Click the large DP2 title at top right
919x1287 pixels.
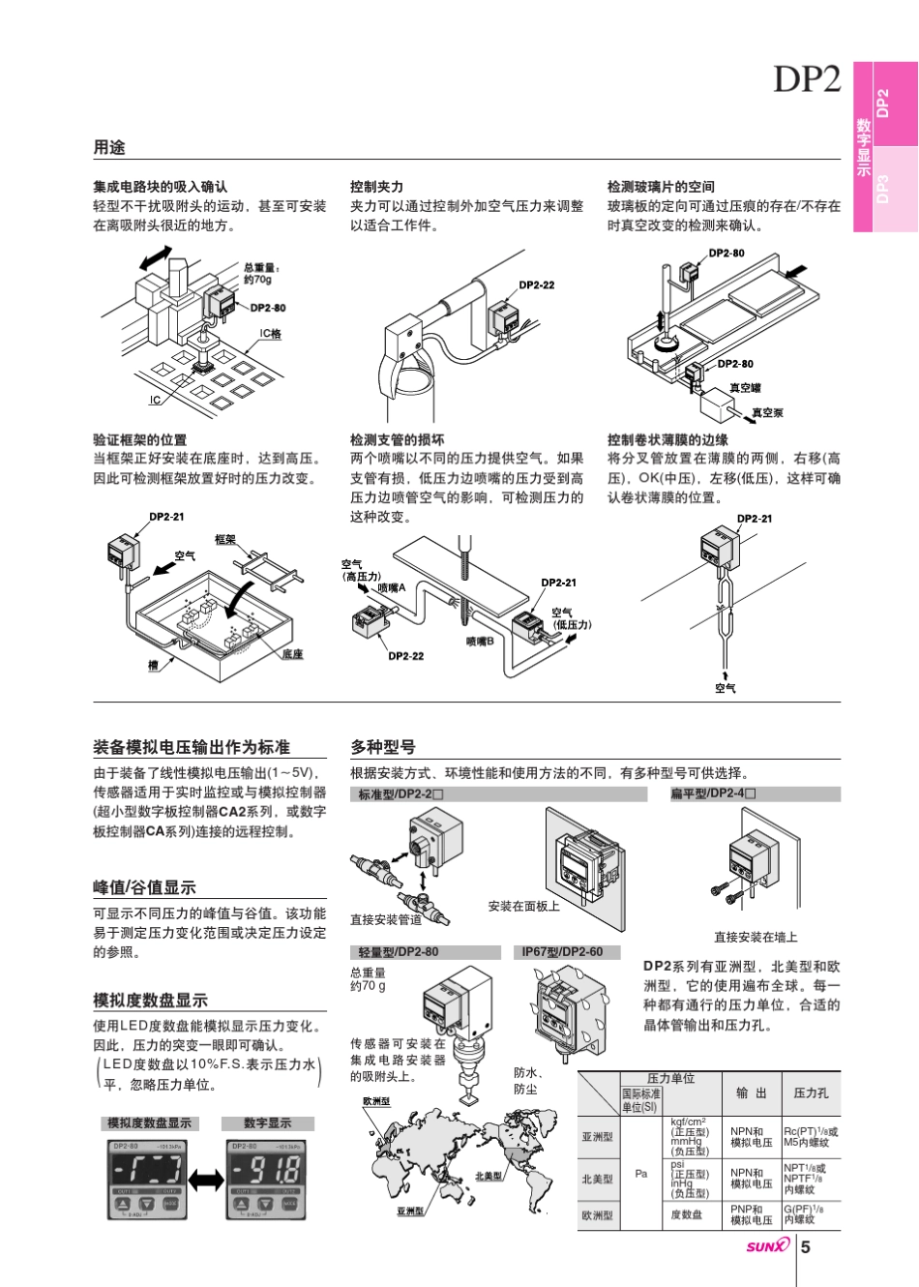[x=807, y=79]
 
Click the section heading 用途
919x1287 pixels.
[x=109, y=148]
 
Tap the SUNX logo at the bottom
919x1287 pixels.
[x=767, y=1246]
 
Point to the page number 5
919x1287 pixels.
[x=805, y=1246]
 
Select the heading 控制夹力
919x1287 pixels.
[x=377, y=187]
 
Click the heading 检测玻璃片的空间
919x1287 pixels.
[x=661, y=187]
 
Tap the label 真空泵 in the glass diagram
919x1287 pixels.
[x=767, y=413]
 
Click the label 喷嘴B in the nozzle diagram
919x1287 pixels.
[x=480, y=641]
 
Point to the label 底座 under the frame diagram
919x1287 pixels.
[x=292, y=655]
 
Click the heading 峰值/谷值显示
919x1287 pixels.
[x=144, y=887]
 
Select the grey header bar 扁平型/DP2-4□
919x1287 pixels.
[x=714, y=794]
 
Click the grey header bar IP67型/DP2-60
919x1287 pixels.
[x=562, y=952]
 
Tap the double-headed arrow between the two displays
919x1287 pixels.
[x=206, y=1179]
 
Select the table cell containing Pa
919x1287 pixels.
[x=641, y=1174]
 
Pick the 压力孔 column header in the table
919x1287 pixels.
[x=811, y=1093]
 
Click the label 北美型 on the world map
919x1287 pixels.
[x=489, y=1177]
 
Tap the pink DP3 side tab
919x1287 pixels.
[x=882, y=189]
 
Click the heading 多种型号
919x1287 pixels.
[x=383, y=747]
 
